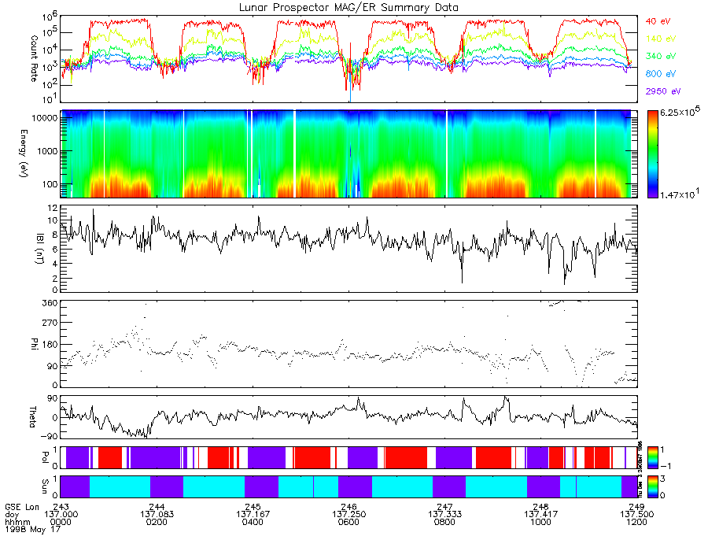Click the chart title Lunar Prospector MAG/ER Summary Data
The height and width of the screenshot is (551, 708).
[x=350, y=7]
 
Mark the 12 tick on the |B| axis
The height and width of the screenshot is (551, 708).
[x=53, y=209]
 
